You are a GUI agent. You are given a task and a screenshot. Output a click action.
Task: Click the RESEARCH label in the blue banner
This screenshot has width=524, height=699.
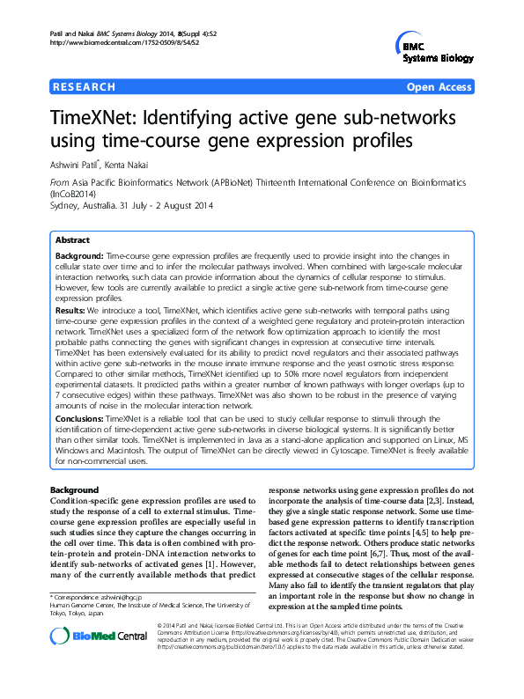tap(85, 87)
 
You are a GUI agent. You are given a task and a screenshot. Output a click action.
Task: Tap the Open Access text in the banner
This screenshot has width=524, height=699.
tap(439, 87)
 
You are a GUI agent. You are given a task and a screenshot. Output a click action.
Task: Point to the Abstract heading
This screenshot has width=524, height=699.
tap(72, 239)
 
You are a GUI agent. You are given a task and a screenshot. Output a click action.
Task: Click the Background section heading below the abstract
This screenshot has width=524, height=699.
tap(75, 489)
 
